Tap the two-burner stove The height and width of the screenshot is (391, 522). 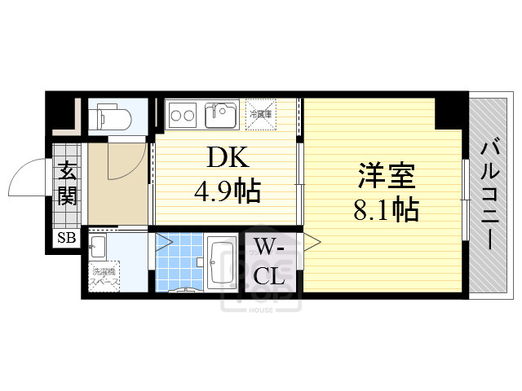[182, 115]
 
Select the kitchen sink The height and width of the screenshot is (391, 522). [219, 113]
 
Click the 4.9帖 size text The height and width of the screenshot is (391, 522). [226, 191]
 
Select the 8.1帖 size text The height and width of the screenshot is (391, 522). [386, 210]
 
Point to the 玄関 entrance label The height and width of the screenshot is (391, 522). [67, 184]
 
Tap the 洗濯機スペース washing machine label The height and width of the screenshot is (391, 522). [104, 277]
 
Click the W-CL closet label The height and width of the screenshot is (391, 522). [268, 261]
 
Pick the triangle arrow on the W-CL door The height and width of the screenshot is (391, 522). [312, 241]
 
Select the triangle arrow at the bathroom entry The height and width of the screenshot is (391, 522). [162, 241]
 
